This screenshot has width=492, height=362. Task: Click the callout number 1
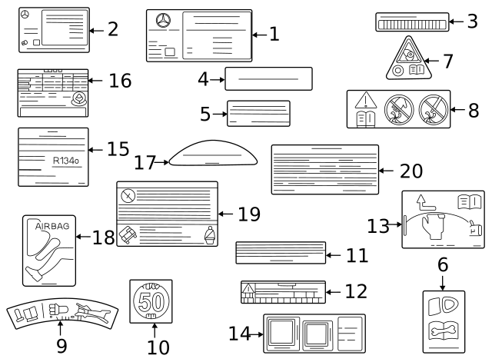[x=274, y=34]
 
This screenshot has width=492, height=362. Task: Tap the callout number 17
[x=145, y=162]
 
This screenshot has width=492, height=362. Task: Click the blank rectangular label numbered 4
[x=268, y=78]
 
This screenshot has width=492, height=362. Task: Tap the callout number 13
[x=377, y=226]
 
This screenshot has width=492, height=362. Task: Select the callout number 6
[x=442, y=265]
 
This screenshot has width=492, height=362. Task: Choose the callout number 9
[x=61, y=346]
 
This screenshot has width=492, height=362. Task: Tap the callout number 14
[x=239, y=334]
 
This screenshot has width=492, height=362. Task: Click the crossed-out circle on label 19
[x=128, y=194]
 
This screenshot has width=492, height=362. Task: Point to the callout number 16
[x=120, y=81]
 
